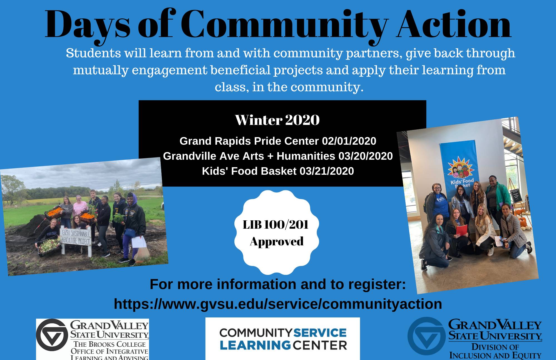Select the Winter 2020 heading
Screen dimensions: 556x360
click(x=277, y=120)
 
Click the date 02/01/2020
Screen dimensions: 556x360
click(x=349, y=141)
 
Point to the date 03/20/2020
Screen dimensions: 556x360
click(x=366, y=156)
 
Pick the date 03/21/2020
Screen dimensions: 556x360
click(x=327, y=171)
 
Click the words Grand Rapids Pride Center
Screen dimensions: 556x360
click(x=249, y=141)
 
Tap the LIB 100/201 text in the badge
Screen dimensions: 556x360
click(x=275, y=225)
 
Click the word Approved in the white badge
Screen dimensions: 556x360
click(x=277, y=241)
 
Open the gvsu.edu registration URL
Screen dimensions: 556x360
click(x=278, y=304)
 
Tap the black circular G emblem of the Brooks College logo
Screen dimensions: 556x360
click(x=52, y=335)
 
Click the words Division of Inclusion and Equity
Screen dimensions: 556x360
click(x=495, y=351)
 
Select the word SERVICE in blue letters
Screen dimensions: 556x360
click(x=320, y=333)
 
